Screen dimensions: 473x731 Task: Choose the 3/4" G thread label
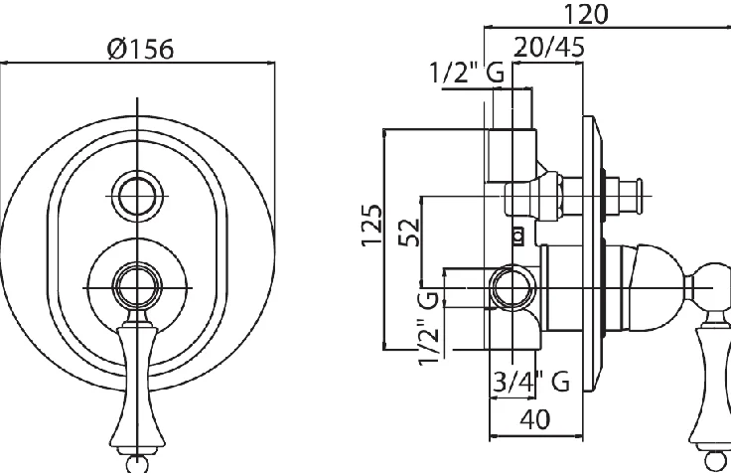[x=531, y=380]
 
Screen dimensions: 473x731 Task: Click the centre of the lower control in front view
[x=136, y=287]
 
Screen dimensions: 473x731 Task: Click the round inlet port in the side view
[x=512, y=288]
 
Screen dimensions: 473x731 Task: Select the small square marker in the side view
[x=516, y=236]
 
